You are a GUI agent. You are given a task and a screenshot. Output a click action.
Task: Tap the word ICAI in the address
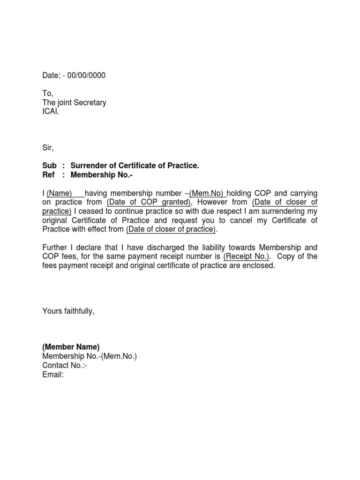pyautogui.click(x=51, y=112)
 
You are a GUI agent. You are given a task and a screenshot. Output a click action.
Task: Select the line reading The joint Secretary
pyautogui.click(x=74, y=103)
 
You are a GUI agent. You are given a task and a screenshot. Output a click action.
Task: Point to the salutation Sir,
pyautogui.click(x=48, y=148)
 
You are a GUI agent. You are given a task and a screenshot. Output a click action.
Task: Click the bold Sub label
pyautogui.click(x=49, y=166)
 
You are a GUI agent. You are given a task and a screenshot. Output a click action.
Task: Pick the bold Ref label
pyautogui.click(x=49, y=175)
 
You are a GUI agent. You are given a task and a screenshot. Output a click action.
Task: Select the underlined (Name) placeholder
pyautogui.click(x=59, y=193)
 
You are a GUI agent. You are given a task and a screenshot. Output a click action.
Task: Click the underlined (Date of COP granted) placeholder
pyautogui.click(x=149, y=202)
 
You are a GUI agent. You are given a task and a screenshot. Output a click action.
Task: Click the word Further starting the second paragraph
pyautogui.click(x=56, y=247)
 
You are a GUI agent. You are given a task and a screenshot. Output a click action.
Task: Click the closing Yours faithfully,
pyautogui.click(x=68, y=311)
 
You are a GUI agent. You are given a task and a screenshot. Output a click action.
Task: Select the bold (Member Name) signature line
pyautogui.click(x=71, y=347)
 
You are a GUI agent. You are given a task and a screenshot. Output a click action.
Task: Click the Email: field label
pyautogui.click(x=52, y=375)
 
